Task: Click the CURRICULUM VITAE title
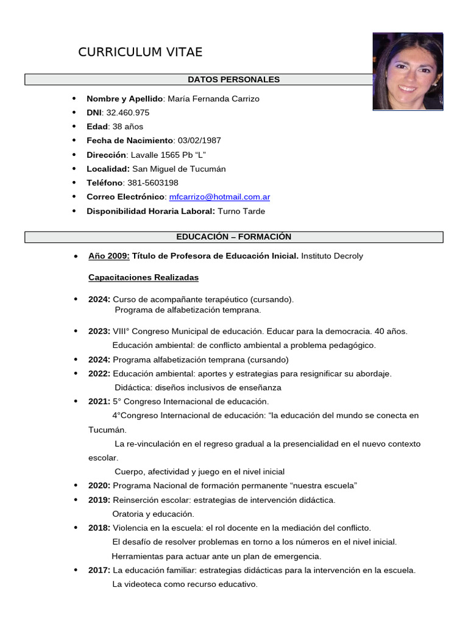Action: (x=140, y=52)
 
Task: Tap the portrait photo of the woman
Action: (x=408, y=71)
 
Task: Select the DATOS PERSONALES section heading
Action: (x=233, y=80)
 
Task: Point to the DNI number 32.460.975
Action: (x=127, y=113)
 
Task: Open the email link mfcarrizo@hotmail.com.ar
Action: (x=219, y=197)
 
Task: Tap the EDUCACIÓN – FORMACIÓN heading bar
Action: (x=233, y=237)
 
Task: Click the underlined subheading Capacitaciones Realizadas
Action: (x=143, y=277)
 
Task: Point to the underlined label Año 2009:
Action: (x=109, y=256)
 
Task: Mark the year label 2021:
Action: (x=99, y=402)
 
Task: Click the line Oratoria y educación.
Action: (x=153, y=514)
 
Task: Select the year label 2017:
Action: (x=99, y=570)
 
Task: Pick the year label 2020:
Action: (x=99, y=486)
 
